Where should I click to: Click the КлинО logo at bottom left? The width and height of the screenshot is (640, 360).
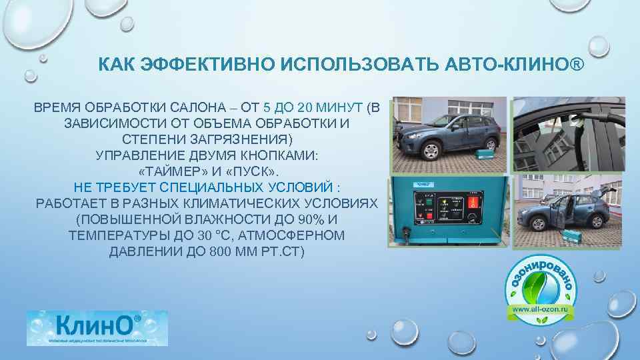pyautogui.click(x=97, y=328)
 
